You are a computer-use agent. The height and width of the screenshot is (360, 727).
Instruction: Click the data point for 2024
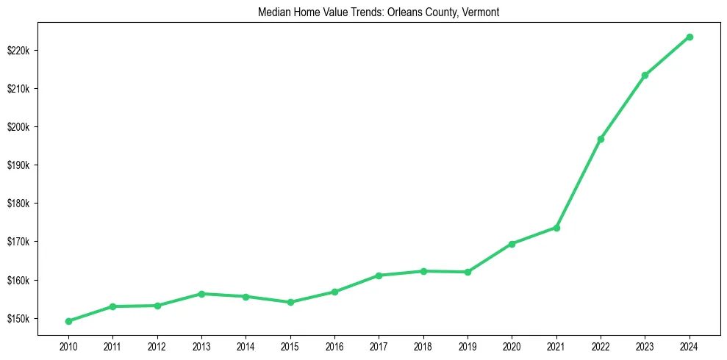(690, 37)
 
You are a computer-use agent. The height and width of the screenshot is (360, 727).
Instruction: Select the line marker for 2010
(68, 321)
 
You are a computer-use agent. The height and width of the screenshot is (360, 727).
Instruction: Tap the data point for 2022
(601, 139)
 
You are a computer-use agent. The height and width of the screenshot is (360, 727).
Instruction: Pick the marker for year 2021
(556, 228)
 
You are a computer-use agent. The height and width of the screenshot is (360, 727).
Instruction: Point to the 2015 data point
(290, 302)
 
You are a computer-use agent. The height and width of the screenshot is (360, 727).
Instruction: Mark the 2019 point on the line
(468, 272)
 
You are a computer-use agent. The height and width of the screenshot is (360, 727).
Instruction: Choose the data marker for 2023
(645, 75)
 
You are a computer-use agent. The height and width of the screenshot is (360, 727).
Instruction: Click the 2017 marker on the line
(379, 276)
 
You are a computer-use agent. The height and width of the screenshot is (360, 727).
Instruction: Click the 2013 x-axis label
(201, 345)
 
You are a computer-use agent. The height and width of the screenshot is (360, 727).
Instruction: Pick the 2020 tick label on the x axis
(512, 345)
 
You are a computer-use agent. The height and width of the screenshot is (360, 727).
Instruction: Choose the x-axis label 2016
(334, 345)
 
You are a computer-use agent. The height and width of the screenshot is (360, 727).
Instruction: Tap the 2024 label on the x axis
(690, 345)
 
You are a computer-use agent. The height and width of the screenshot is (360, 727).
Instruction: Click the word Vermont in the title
(481, 12)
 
